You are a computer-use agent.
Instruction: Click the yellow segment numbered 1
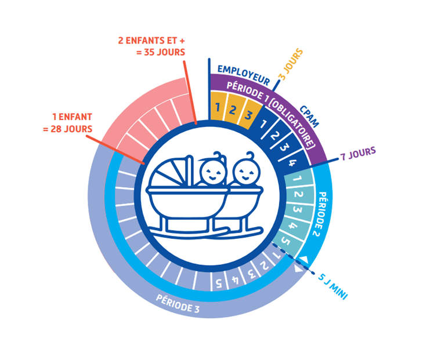tap(218, 107)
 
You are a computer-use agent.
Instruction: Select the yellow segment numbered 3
tap(249, 114)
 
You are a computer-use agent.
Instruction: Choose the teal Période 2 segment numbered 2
tap(299, 194)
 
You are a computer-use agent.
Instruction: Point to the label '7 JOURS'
tap(358, 154)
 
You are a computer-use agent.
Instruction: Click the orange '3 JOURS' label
tap(291, 64)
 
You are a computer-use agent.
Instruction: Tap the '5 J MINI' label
tap(332, 286)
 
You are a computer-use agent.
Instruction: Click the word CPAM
tap(309, 117)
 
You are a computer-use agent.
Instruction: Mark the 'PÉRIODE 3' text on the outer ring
tap(178, 304)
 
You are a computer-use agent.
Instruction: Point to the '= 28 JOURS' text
tap(67, 129)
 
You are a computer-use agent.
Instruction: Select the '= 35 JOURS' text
tap(161, 52)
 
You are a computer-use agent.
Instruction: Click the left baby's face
tap(212, 173)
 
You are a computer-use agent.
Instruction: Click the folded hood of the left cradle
tap(168, 174)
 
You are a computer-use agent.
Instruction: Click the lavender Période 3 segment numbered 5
tap(219, 282)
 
